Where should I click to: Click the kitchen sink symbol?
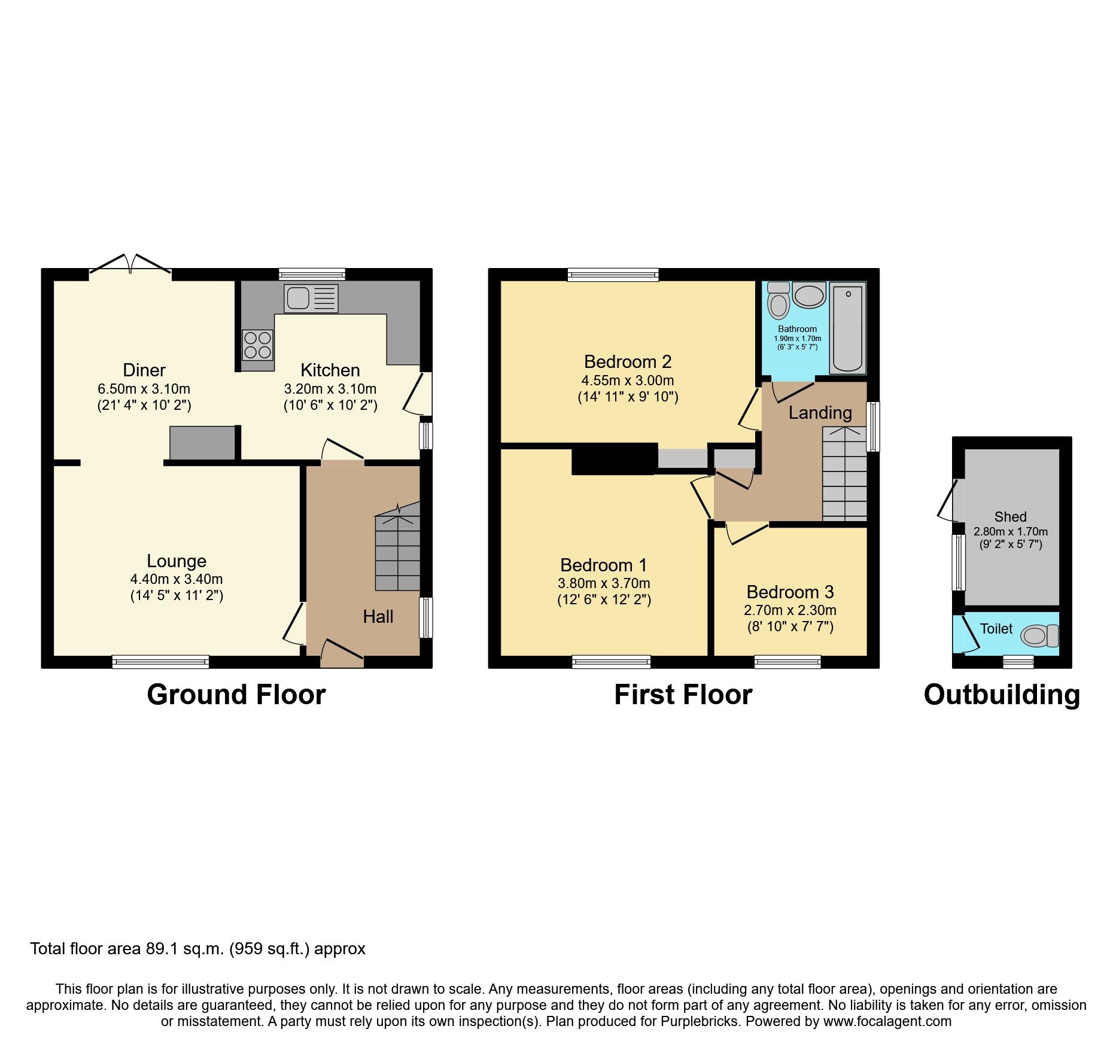pyautogui.click(x=311, y=298)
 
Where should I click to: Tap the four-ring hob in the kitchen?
pyautogui.click(x=257, y=345)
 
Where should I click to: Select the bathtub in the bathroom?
pyautogui.click(x=848, y=328)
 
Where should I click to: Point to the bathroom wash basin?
pyautogui.click(x=809, y=296)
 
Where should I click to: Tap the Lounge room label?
pyautogui.click(x=177, y=561)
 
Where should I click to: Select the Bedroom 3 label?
pyautogui.click(x=790, y=592)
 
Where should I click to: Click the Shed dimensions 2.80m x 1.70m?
pyautogui.click(x=1011, y=532)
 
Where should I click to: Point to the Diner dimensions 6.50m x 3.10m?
pyautogui.click(x=144, y=389)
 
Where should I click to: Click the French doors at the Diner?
pyautogui.click(x=130, y=267)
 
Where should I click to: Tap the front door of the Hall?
pyautogui.click(x=342, y=653)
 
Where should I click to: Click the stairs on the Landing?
pyautogui.click(x=844, y=473)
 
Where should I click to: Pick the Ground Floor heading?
pyautogui.click(x=236, y=695)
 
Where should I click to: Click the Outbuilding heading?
pyautogui.click(x=1002, y=695)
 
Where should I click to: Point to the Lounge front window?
pyautogui.click(x=160, y=662)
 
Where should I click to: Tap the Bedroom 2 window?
pyautogui.click(x=613, y=275)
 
